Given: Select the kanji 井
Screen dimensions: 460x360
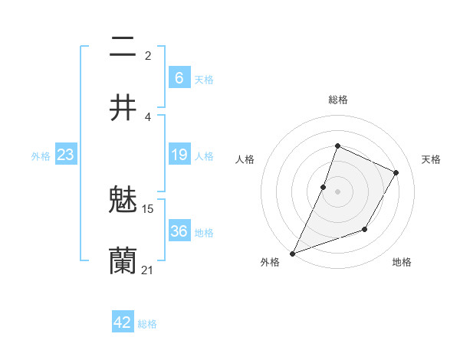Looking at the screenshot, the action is [x=123, y=108].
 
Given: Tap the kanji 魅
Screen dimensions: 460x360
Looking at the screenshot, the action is [x=123, y=201].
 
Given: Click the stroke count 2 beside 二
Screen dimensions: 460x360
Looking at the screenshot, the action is [x=148, y=55].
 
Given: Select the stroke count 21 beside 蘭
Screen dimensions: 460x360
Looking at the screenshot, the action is [x=148, y=270].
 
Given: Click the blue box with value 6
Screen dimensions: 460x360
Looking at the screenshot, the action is [x=179, y=77].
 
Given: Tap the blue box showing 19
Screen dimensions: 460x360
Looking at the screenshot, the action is [x=179, y=155].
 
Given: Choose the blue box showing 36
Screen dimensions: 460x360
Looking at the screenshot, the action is [x=179, y=231].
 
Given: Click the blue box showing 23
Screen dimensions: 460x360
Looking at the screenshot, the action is [x=66, y=155].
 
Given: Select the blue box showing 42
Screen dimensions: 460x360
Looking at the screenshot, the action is [x=123, y=322].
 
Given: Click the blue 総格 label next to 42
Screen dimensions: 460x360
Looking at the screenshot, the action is [x=147, y=324].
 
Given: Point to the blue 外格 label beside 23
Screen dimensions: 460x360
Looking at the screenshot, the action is [x=41, y=156].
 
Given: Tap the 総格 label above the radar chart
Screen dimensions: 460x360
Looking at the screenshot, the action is [x=337, y=100].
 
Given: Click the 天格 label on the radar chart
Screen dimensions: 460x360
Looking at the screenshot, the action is [x=431, y=159].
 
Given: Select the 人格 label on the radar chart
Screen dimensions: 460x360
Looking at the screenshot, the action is [x=245, y=159].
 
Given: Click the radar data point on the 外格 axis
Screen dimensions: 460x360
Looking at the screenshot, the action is [x=292, y=253].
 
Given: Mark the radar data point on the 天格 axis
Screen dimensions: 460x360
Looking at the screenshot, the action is [x=396, y=172].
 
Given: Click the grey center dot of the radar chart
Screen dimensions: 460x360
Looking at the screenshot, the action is [x=337, y=191].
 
